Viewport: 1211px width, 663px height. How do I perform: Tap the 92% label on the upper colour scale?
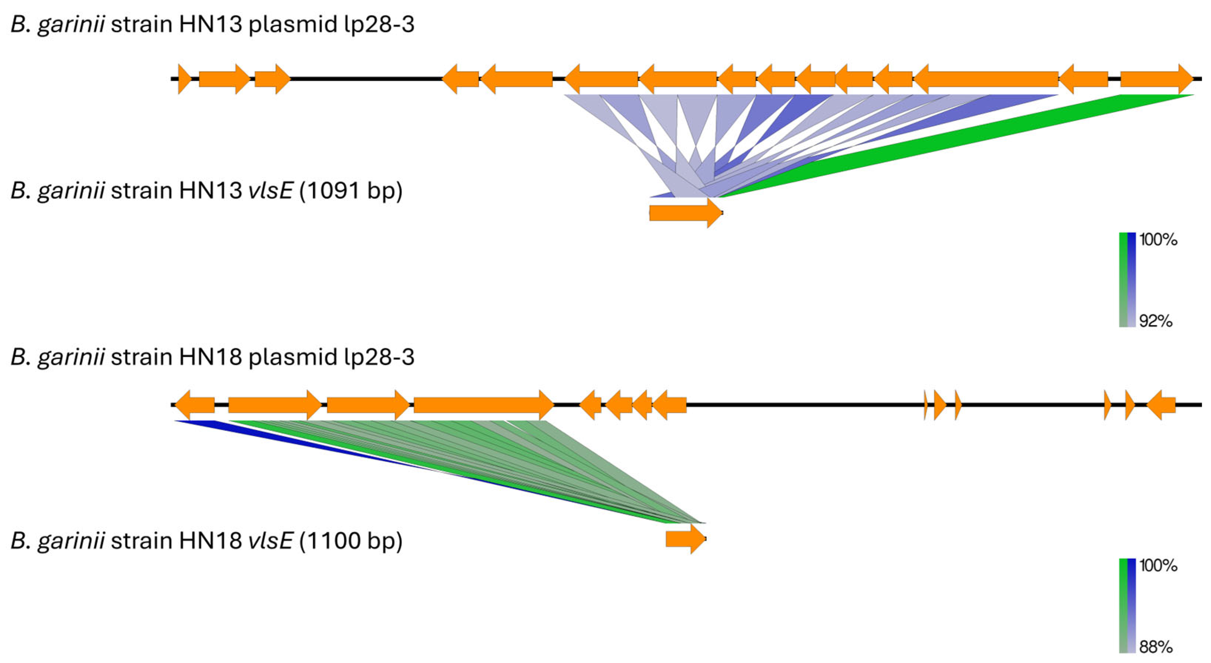[1156, 321]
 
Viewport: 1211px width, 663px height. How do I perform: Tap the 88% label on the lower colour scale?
[1156, 647]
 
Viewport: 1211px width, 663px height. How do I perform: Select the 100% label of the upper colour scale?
[1158, 240]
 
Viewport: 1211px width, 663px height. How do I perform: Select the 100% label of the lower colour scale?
[1158, 565]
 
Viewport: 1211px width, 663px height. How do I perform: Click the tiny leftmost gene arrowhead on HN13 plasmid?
[184, 79]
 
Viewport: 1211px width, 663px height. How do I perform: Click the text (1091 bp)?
[350, 191]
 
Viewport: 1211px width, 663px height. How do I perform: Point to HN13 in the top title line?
[211, 24]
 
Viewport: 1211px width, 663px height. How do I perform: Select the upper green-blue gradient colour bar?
[1127, 280]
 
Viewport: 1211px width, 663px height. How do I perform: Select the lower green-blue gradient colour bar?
[1127, 606]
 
